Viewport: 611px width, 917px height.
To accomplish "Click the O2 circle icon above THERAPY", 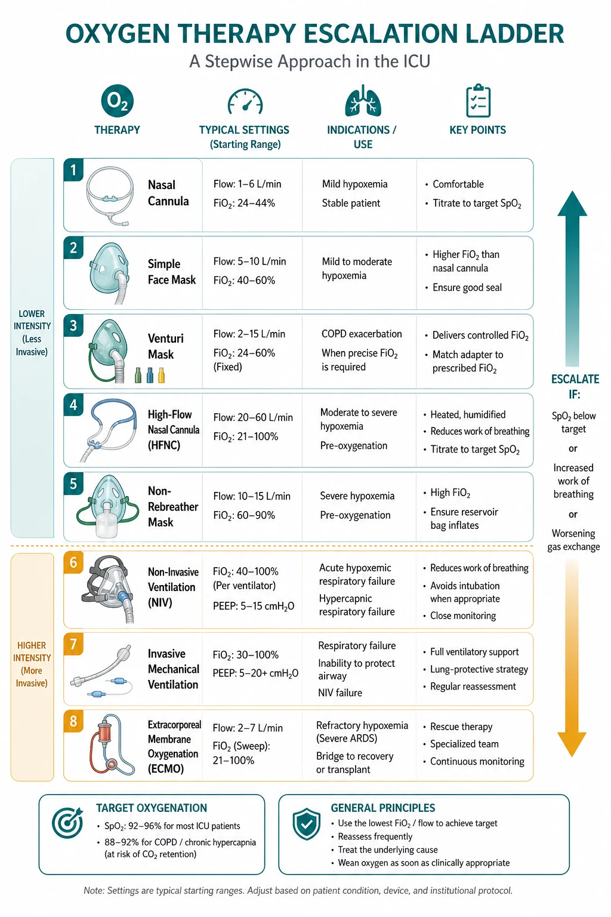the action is pos(117,101).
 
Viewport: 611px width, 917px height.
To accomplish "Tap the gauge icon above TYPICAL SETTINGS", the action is pos(245,101).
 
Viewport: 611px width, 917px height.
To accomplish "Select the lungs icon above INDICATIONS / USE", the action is pos(363,101).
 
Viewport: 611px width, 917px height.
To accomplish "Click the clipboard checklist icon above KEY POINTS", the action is pos(478,101).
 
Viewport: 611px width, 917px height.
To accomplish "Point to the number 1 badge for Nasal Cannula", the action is pos(73,170).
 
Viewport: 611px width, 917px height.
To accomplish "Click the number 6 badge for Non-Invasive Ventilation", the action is pos(73,562).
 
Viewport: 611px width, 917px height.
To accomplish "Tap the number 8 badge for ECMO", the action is pos(73,721).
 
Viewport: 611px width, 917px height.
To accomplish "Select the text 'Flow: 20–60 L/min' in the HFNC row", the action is pos(253,417).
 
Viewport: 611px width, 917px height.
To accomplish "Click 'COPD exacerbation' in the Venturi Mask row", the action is pos(362,334).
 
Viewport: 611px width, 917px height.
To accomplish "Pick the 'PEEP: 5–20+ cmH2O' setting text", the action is pos(255,673).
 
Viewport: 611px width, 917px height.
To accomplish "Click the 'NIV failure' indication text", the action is pos(340,693).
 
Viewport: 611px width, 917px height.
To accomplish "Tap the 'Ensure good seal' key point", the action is pos(467,287).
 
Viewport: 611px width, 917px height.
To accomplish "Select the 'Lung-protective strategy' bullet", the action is pos(479,669).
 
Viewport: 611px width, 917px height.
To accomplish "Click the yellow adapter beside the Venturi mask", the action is pos(161,375).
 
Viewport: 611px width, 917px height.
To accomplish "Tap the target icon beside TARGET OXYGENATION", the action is pos(67,823).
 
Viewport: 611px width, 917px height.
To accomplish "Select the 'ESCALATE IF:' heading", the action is pos(575,386).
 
